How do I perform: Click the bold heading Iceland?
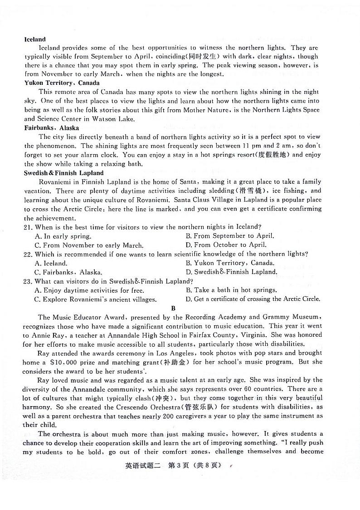(35, 39)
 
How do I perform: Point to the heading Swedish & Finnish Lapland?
(64, 173)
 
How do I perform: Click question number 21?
(28, 227)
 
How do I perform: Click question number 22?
(28, 254)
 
